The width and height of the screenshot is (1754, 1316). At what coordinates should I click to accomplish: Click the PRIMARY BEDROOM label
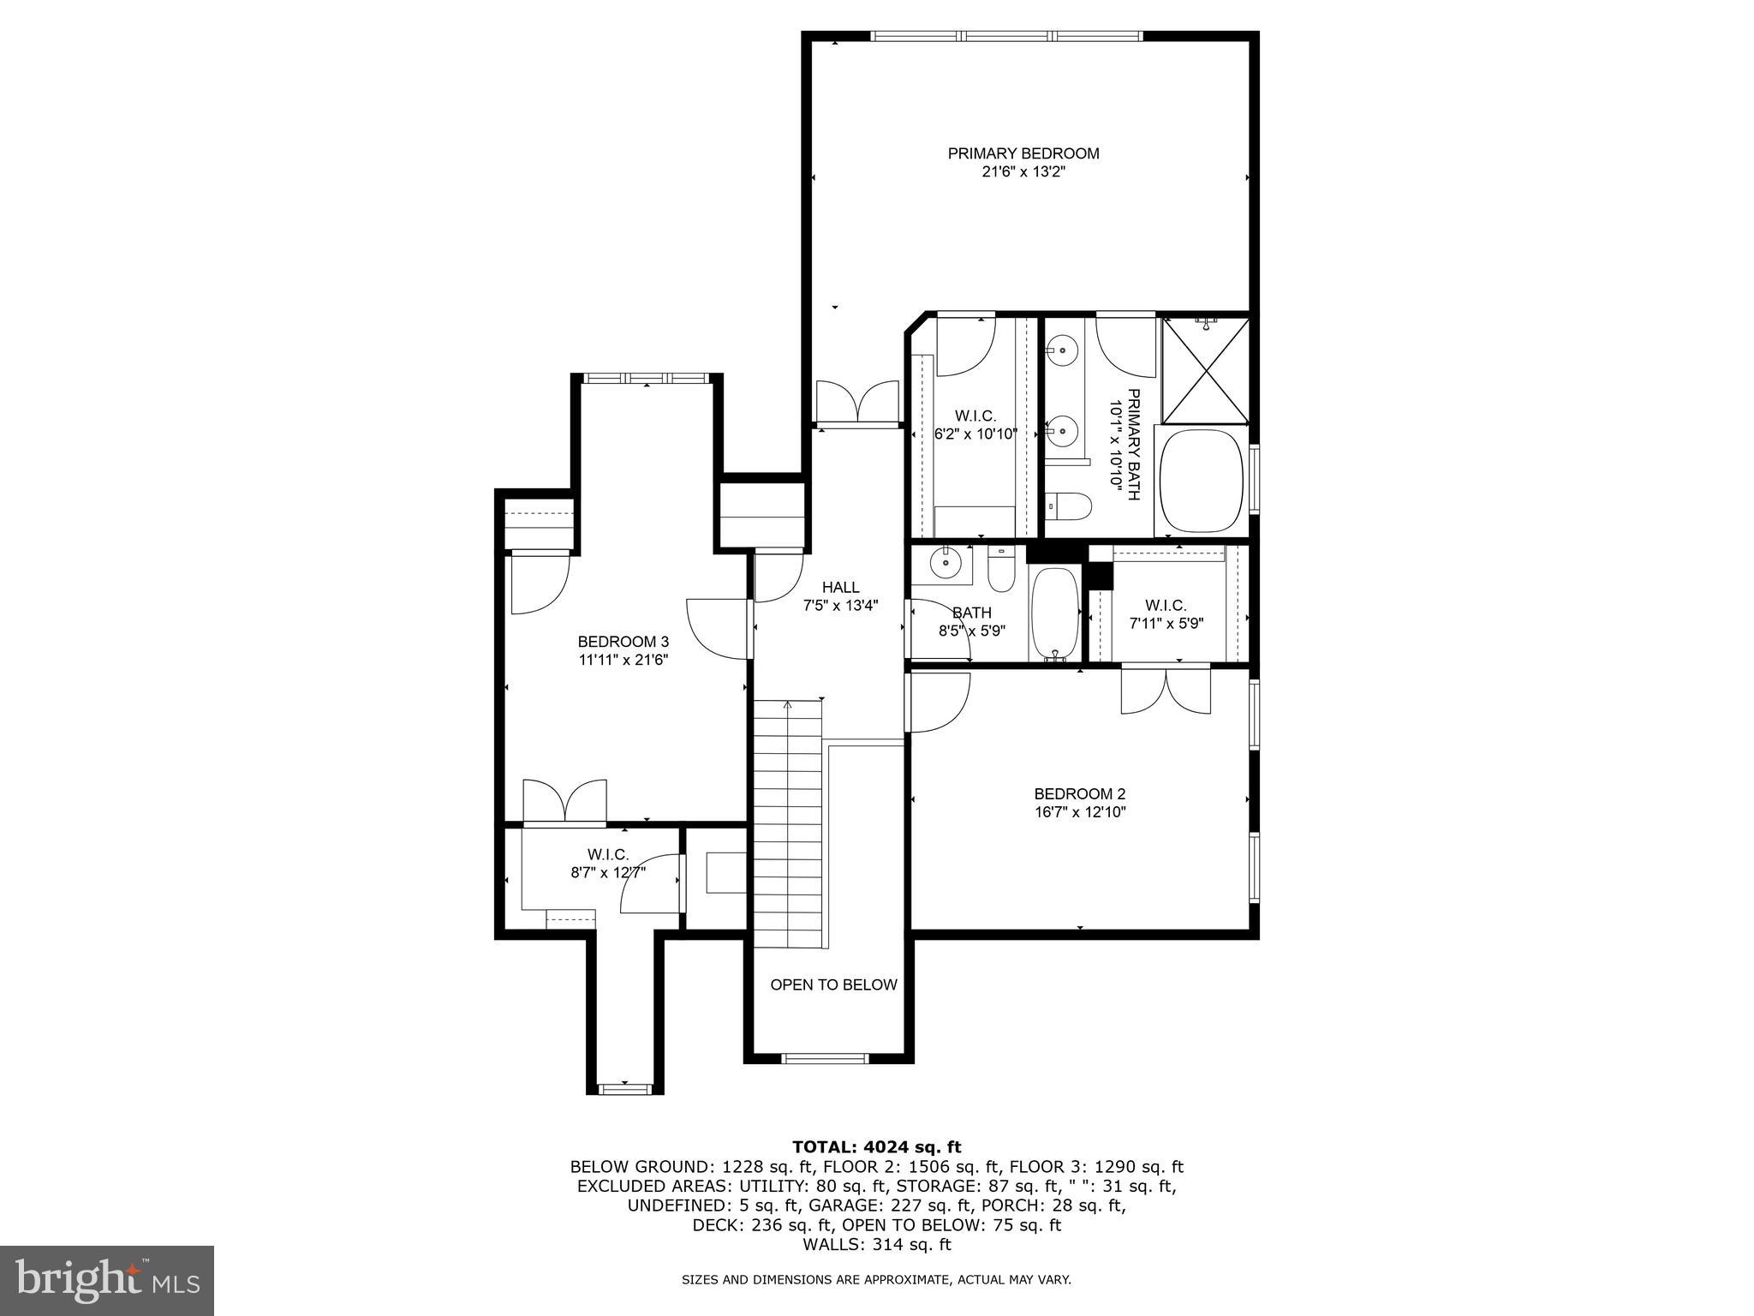(1023, 153)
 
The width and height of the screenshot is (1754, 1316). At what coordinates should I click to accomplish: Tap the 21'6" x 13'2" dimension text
(1023, 171)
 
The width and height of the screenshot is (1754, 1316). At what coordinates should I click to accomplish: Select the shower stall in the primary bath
(1205, 371)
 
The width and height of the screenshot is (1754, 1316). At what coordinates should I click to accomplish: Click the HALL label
(840, 587)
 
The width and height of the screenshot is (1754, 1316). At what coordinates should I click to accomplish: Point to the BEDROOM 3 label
(623, 642)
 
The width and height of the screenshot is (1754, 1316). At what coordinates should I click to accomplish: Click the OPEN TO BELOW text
(833, 984)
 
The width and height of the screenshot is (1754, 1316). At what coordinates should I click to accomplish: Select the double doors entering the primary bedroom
(856, 404)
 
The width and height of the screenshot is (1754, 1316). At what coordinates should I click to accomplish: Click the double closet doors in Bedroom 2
(1166, 690)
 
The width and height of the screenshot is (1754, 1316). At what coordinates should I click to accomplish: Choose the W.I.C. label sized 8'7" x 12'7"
(608, 854)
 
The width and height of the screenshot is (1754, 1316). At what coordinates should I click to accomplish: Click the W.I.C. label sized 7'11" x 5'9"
(1166, 606)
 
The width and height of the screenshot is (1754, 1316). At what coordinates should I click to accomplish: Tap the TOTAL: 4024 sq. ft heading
(876, 1146)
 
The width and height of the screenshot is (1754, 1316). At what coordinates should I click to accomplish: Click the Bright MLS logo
(107, 1280)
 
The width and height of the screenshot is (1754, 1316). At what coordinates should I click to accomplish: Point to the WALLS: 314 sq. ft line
(876, 1244)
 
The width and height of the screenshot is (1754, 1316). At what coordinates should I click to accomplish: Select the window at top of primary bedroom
(1006, 36)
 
